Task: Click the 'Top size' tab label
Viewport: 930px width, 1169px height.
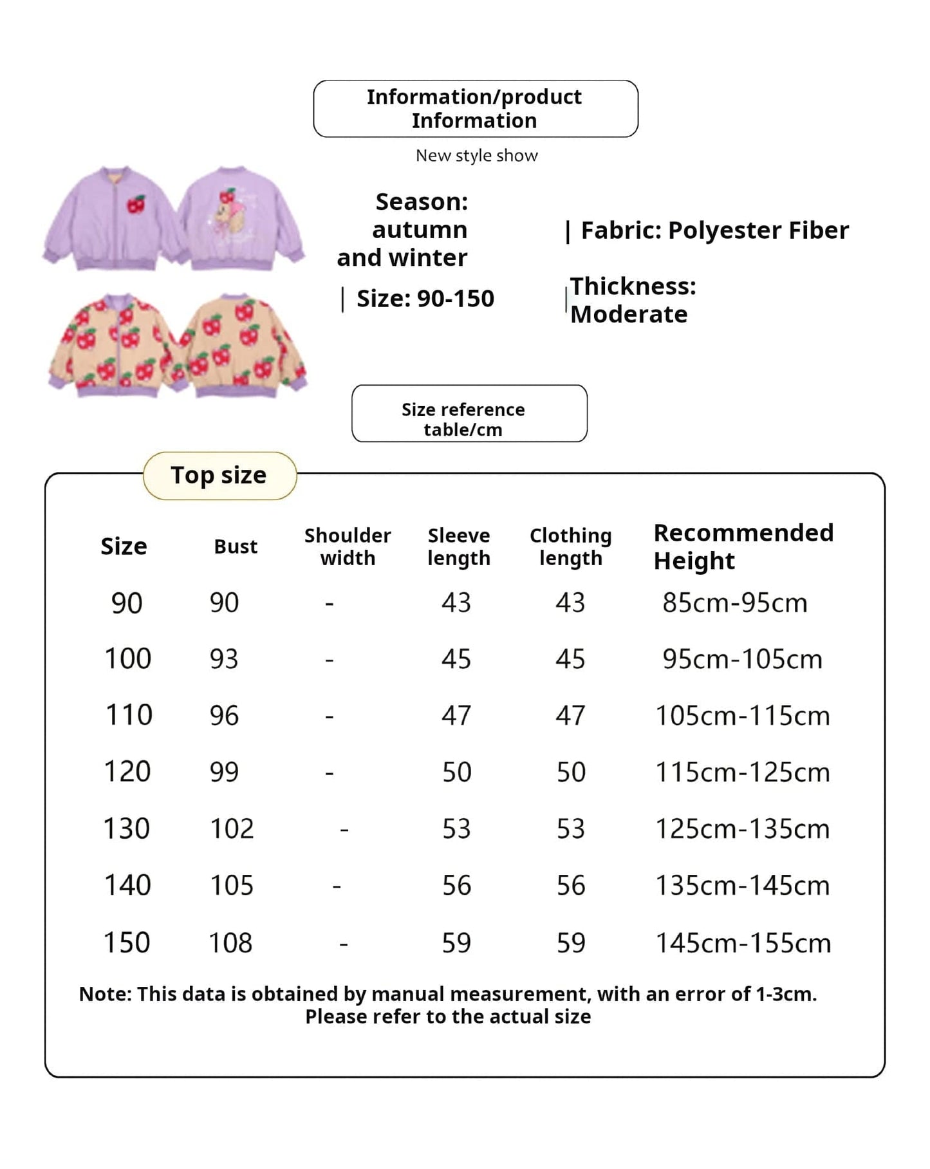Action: point(219,475)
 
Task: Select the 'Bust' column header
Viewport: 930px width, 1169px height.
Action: point(236,547)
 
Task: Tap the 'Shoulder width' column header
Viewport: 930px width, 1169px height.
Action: point(348,547)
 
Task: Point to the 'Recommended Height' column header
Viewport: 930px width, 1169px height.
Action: point(743,547)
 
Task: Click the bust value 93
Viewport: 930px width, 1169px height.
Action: point(224,659)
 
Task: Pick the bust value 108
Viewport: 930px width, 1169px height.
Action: point(230,943)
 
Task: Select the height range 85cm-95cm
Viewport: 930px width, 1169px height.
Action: point(734,603)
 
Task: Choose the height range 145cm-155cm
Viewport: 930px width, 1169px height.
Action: point(743,943)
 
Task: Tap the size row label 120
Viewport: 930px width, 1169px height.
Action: point(127,772)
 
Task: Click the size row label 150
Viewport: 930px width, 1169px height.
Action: point(127,943)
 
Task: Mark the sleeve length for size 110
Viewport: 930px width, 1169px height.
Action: point(456,716)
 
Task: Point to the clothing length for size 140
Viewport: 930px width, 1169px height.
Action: point(571,886)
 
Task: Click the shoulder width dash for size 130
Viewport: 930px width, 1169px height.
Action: point(344,830)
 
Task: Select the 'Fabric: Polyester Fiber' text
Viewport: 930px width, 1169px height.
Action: point(714,230)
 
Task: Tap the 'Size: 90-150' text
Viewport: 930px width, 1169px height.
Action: point(425,299)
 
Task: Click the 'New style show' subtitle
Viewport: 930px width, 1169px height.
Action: point(476,156)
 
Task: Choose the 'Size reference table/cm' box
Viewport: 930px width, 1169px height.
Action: point(469,413)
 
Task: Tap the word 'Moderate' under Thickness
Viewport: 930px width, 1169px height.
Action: point(629,315)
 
